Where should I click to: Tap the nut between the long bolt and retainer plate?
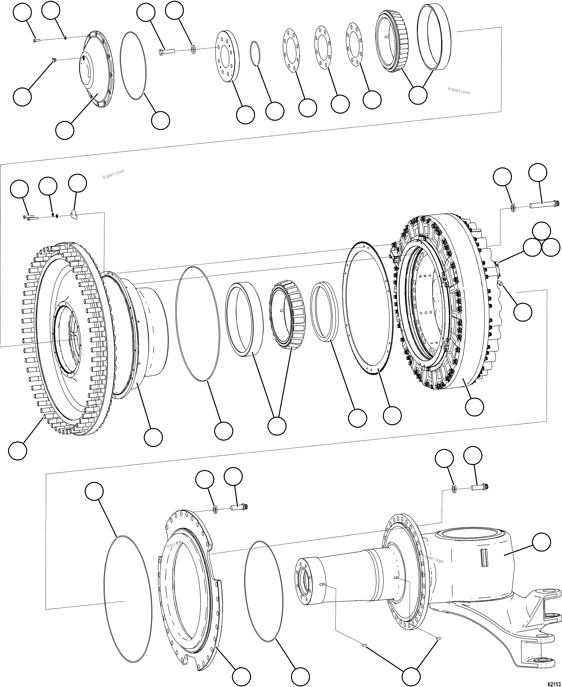pyautogui.click(x=193, y=49)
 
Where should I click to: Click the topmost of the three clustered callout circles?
pyautogui.click(x=541, y=231)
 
